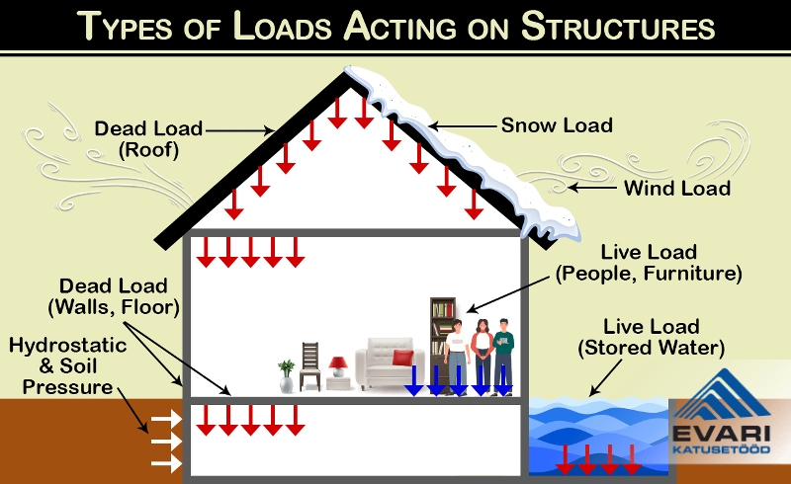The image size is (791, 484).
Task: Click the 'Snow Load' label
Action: coord(557,125)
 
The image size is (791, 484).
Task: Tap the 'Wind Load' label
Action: coord(676,187)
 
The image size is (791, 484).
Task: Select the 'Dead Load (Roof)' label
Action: coord(148,139)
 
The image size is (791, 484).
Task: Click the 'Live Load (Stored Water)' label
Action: coord(652,337)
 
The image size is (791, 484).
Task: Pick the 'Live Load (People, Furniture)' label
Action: coord(648,263)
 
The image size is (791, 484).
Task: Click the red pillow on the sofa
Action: coord(401,358)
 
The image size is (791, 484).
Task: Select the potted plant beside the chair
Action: coord(287,374)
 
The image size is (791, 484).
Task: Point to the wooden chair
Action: coord(309,365)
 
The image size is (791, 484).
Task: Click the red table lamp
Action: coord(338,366)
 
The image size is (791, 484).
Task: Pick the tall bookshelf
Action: coord(441,336)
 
